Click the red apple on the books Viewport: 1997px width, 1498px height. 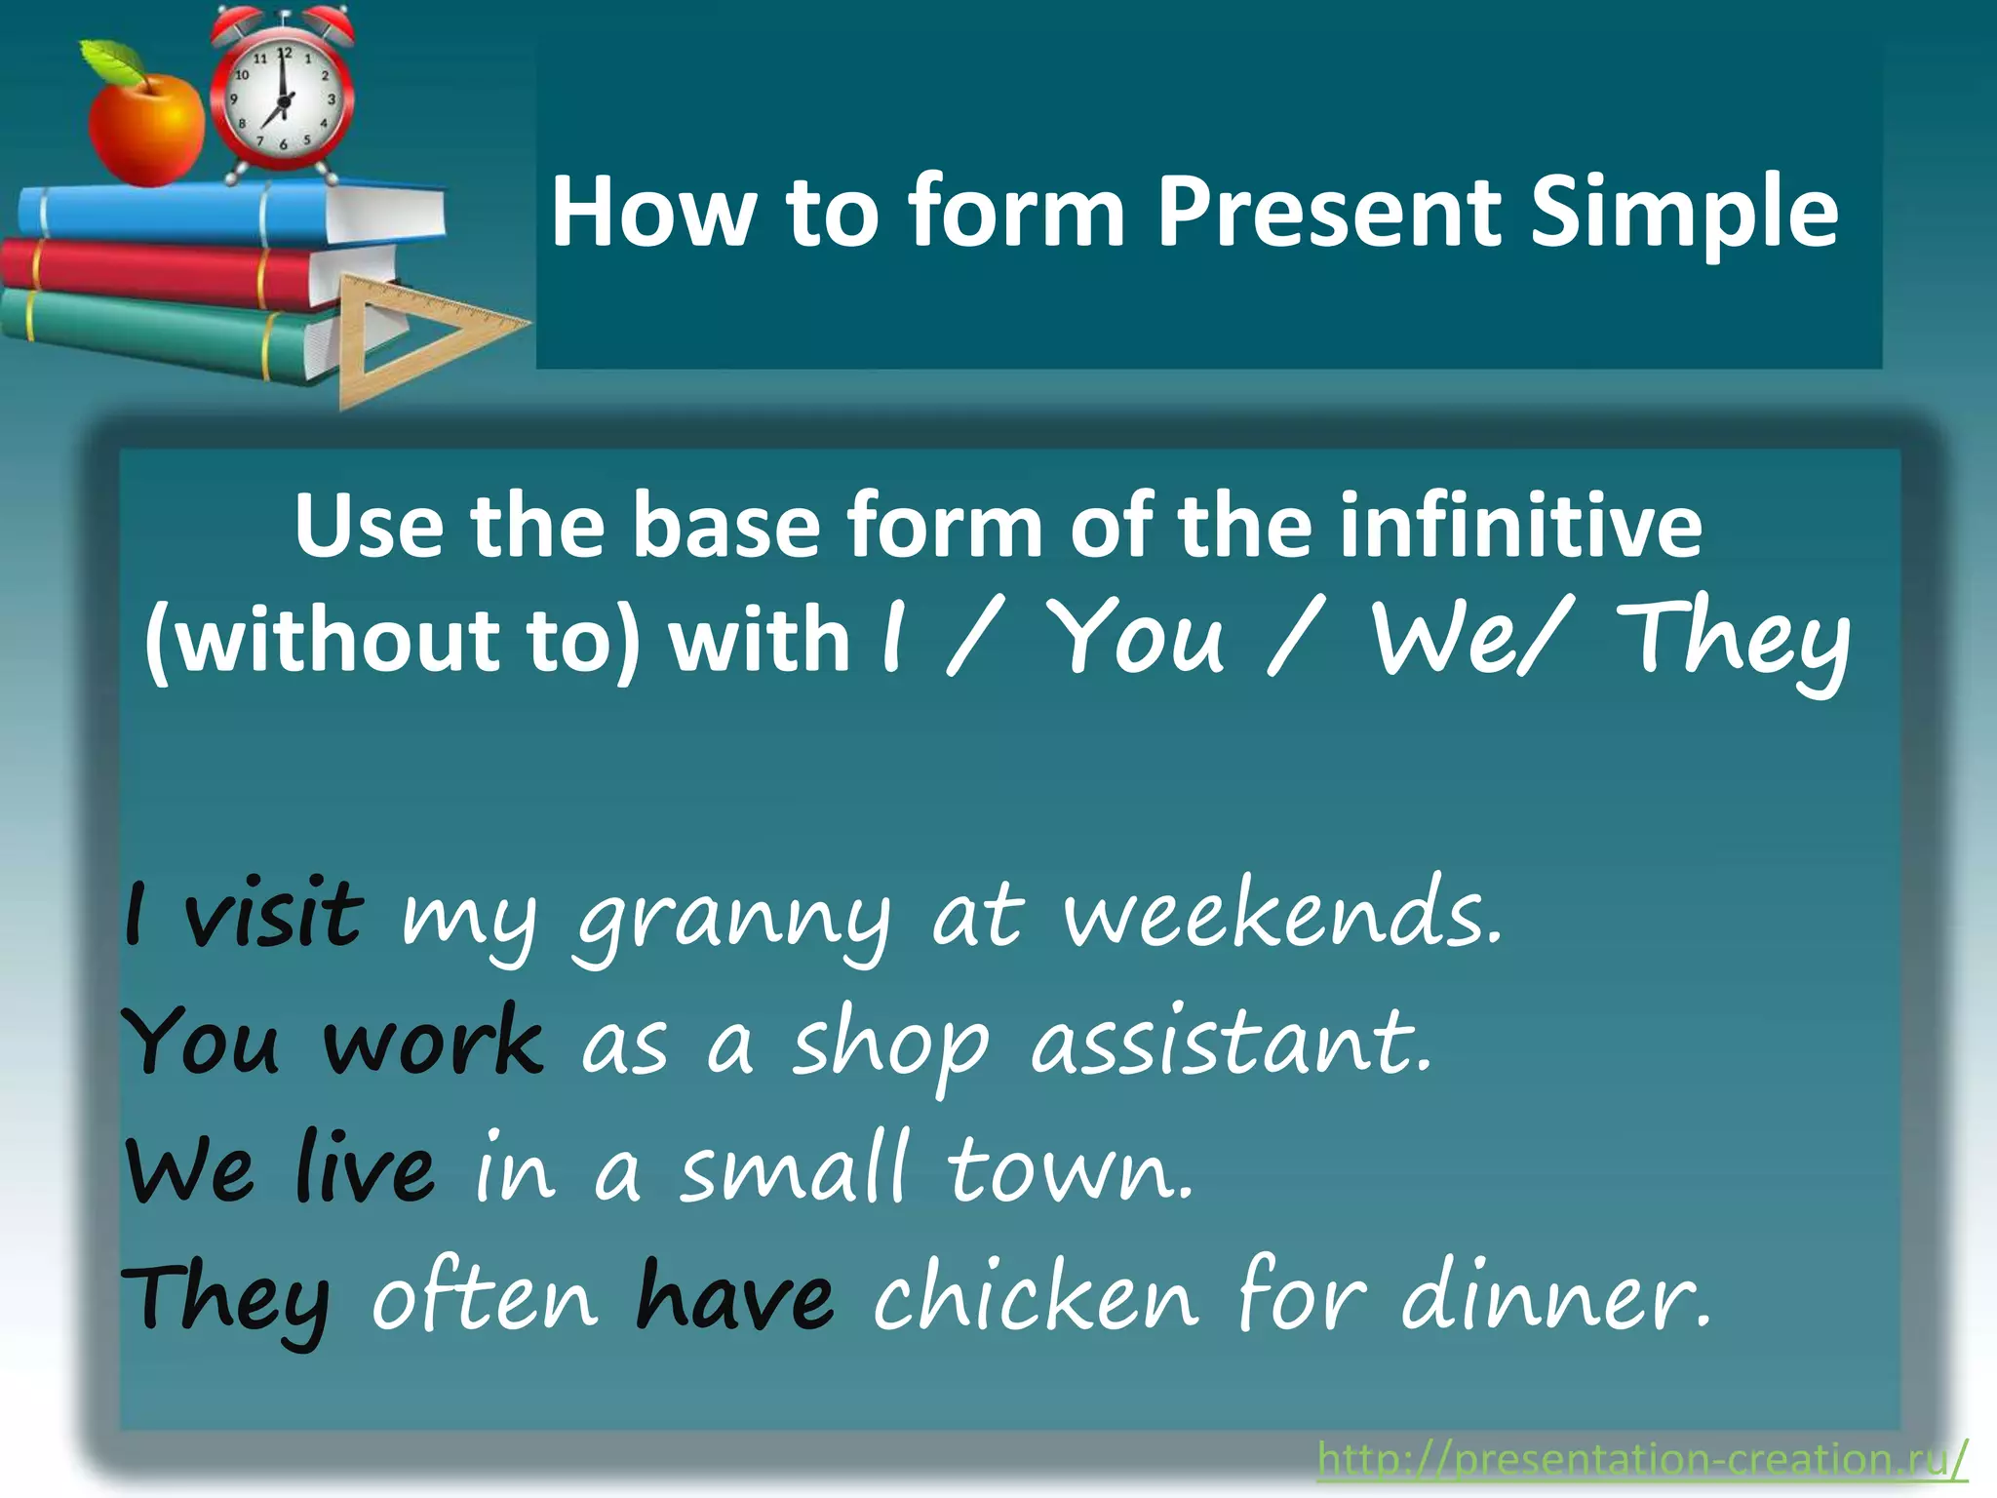[146, 132]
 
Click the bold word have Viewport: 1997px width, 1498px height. [735, 1297]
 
